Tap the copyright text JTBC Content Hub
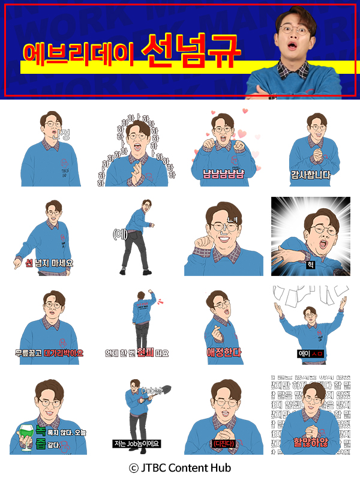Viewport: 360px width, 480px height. [x=180, y=467]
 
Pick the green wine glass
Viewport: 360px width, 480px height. [x=27, y=431]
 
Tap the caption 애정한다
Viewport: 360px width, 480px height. [x=223, y=352]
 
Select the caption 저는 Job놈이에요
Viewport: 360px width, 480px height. [x=137, y=444]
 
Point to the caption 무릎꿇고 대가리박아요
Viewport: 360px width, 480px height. [x=49, y=353]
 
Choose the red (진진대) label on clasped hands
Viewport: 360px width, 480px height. [x=223, y=443]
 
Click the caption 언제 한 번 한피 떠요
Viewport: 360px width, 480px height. [x=137, y=353]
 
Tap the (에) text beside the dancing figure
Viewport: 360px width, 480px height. [x=120, y=234]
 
